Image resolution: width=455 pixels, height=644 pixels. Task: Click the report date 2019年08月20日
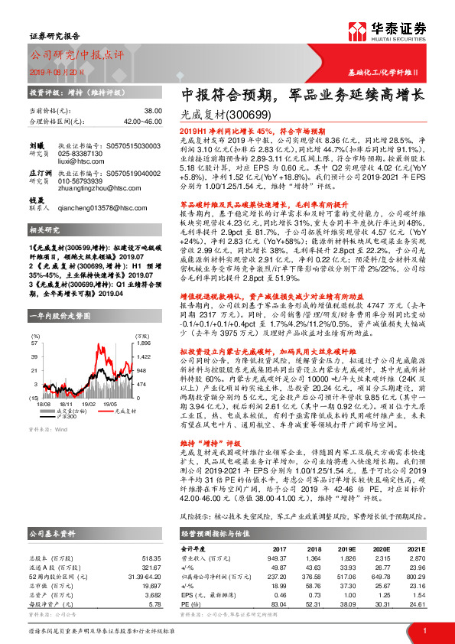point(56,70)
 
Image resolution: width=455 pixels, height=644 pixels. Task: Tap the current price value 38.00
point(152,110)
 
